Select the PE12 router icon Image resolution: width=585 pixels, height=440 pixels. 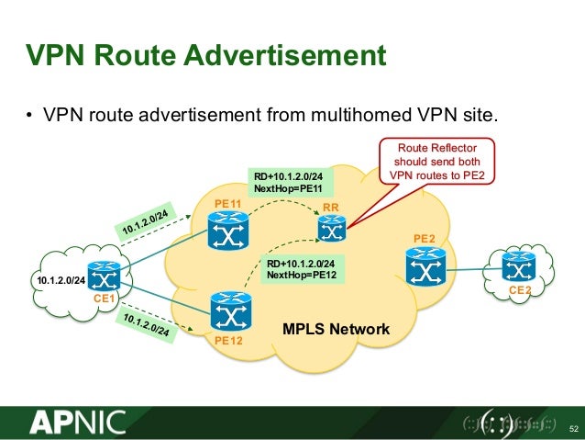[x=226, y=313]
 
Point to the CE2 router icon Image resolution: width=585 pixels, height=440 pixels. [x=520, y=267]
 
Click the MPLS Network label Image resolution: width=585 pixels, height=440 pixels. [x=335, y=329]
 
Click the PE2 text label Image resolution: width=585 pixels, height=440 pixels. [x=424, y=240]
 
